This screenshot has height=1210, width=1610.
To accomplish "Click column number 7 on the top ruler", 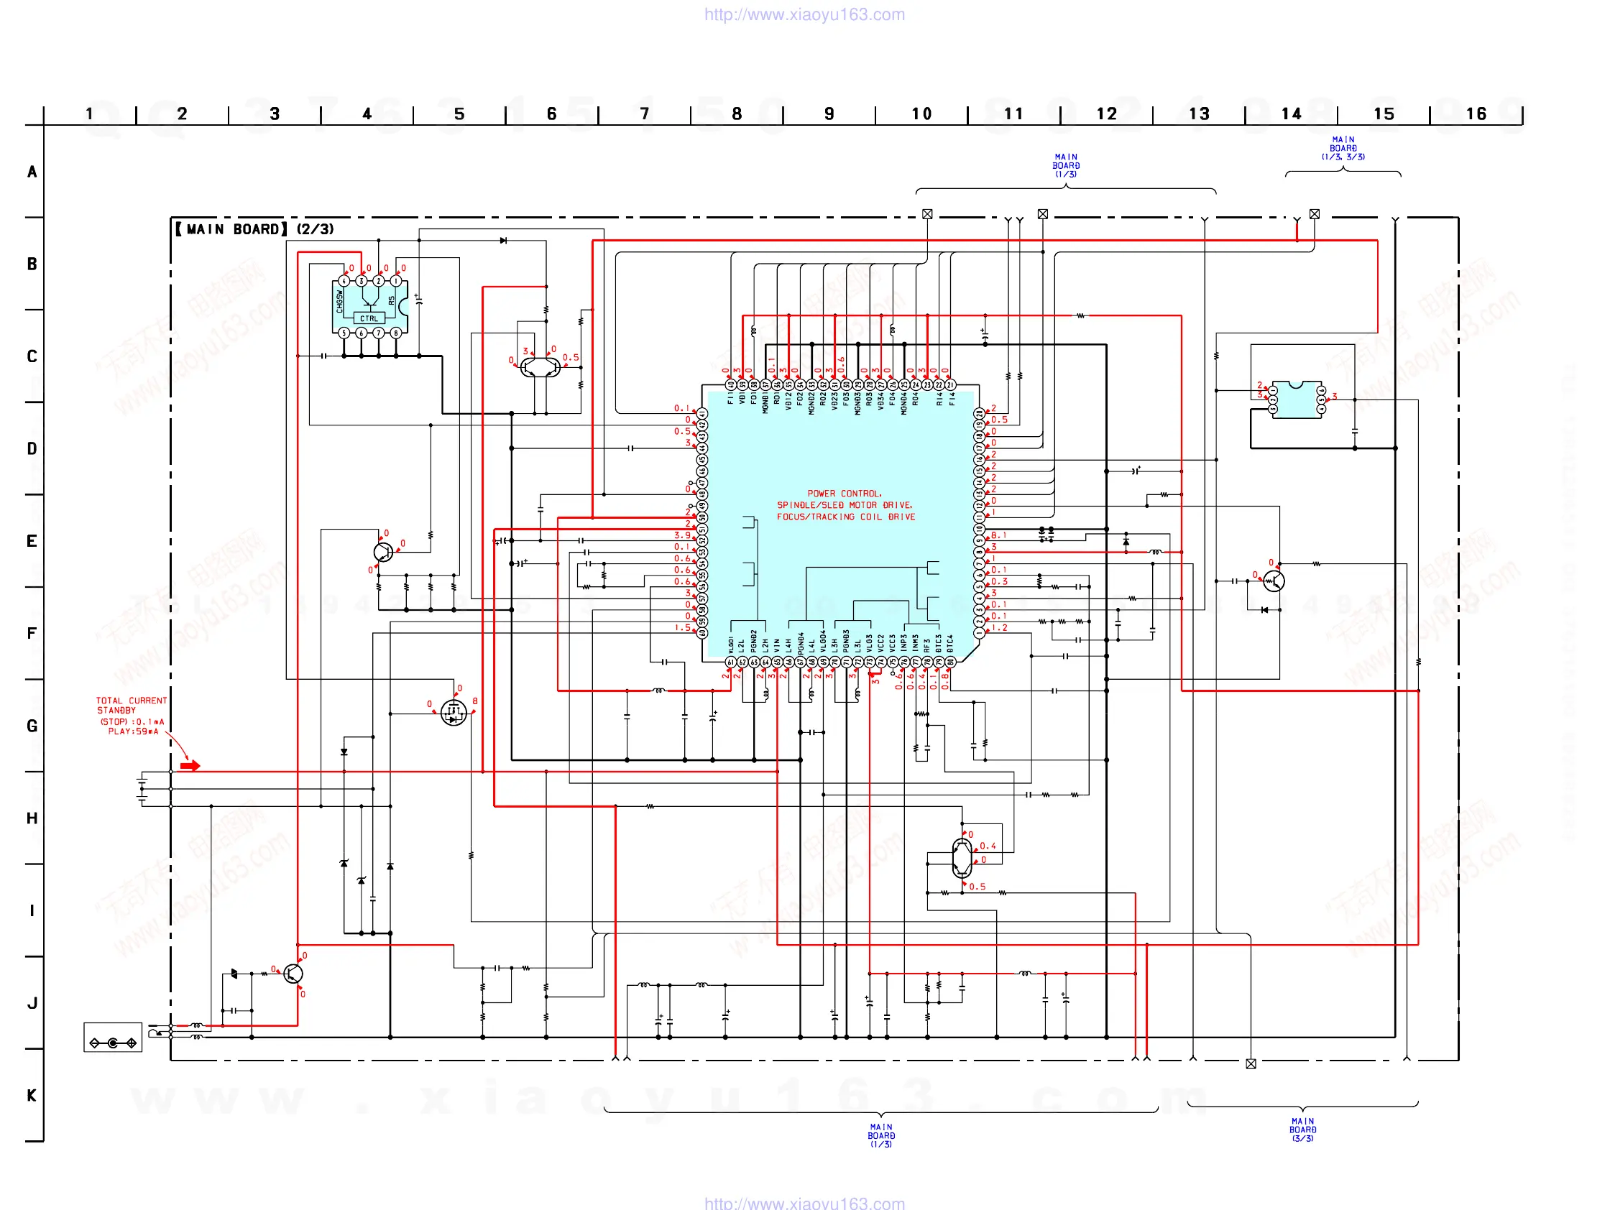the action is tap(644, 114).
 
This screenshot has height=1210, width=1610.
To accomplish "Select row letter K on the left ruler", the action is tap(32, 1095).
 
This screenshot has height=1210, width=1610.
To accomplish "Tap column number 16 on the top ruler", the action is tap(1476, 114).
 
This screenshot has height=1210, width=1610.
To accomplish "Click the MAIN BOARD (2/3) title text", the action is tap(254, 229).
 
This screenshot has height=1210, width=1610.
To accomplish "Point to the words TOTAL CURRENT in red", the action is tap(131, 701).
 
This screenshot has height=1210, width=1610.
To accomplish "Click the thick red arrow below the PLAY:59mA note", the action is tap(190, 765).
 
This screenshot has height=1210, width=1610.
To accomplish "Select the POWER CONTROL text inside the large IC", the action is tap(845, 494).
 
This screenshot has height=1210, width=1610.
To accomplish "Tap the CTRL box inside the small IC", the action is tap(369, 319).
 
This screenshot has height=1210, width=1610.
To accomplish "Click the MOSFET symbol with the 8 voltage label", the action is tap(454, 713).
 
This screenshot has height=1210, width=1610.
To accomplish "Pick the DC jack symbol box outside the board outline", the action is tap(113, 1038).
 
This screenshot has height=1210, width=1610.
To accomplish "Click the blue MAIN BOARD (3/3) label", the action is tap(1303, 1130).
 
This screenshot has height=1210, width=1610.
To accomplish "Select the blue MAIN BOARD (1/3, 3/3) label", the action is tap(1343, 148).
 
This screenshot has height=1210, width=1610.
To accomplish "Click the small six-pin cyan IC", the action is tap(1297, 399).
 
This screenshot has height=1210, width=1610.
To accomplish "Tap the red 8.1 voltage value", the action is tap(998, 535).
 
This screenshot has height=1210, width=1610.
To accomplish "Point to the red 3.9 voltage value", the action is tap(682, 535).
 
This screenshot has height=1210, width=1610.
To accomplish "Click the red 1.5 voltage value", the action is tap(682, 628).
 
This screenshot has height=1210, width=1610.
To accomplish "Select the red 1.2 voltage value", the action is tap(999, 628).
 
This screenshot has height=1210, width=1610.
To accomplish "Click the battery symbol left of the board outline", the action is tap(142, 789).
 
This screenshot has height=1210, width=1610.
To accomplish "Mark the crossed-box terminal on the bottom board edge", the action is tap(1251, 1063).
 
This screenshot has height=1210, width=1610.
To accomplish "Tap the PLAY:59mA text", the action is tap(133, 731).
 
